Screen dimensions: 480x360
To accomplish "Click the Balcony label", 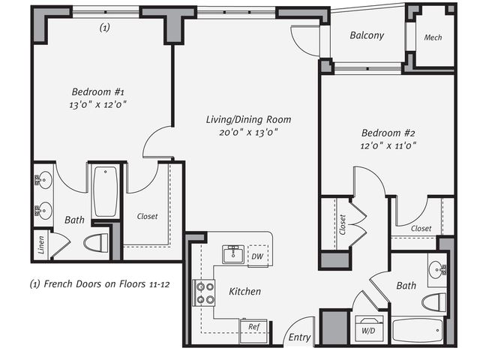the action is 367,35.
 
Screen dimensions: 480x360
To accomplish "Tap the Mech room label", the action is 433,37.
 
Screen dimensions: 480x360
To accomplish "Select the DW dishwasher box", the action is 258,256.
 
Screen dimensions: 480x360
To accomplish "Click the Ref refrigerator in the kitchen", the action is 253,331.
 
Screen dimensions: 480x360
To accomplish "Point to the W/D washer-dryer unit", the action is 369,328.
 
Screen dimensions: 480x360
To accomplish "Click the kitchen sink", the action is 233,253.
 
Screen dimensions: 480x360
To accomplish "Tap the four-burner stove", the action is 203,293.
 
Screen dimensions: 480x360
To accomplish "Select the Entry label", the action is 299,337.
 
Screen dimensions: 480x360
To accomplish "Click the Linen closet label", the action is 41,245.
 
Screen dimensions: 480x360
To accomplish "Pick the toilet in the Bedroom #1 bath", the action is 96,243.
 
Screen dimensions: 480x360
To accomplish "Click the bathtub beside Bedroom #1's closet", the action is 106,192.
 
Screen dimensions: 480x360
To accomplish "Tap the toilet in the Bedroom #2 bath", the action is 434,302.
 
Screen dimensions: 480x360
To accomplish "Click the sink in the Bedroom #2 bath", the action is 437,270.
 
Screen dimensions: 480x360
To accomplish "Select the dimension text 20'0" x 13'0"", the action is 248,133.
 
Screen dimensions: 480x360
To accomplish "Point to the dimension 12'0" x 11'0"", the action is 388,145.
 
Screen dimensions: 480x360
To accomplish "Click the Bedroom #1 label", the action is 98,91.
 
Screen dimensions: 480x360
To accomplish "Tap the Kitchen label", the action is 245,291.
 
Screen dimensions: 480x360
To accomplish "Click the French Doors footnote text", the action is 100,284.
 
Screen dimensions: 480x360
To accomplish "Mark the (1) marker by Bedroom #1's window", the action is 105,28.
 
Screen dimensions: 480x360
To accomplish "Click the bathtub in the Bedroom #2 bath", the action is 418,331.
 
